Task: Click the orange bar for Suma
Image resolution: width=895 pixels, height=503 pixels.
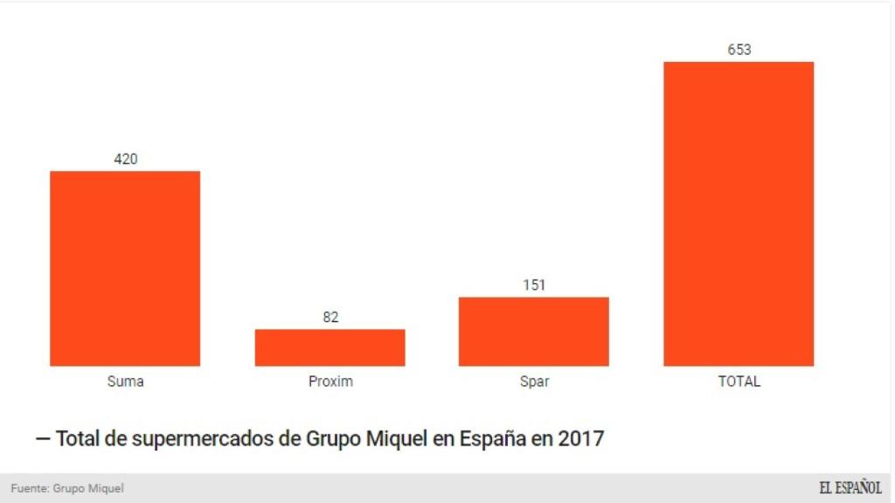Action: pos(125,268)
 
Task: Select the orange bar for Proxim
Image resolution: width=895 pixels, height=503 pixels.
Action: pos(330,348)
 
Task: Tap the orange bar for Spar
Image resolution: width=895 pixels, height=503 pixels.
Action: pos(533,331)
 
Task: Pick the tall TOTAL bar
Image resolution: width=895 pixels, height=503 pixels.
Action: pos(739,214)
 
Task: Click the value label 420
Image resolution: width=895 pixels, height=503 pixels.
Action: pos(126,159)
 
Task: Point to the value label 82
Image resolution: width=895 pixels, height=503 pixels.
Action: pos(330,317)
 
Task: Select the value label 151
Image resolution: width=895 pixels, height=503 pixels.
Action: pos(534,286)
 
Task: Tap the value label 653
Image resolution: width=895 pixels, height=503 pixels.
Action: pos(739,50)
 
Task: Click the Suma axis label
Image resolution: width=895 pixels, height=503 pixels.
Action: pos(125,382)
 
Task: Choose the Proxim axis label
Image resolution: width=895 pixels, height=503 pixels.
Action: pos(330,382)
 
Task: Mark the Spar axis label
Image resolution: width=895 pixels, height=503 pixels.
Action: pos(534,382)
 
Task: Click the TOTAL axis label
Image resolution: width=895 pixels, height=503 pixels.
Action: pos(739,382)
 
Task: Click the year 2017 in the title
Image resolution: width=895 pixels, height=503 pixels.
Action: pos(580,438)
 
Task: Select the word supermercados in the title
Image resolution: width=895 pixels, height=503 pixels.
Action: pos(203,438)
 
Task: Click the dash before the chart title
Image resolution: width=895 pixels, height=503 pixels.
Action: pos(42,438)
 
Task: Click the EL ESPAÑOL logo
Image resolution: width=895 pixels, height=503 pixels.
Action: pos(850,488)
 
